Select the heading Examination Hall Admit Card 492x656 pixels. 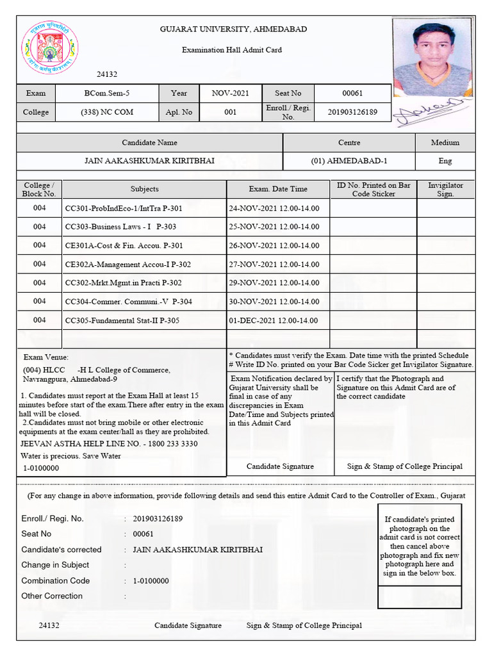[x=232, y=49]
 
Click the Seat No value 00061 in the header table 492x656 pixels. [x=352, y=94]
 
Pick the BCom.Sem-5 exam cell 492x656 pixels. [x=107, y=94]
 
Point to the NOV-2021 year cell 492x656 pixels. [x=231, y=94]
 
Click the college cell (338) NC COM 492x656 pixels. [x=107, y=112]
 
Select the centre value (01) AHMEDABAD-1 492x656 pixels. [x=349, y=161]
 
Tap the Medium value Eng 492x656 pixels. [x=445, y=161]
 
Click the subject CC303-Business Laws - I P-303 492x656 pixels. [x=121, y=227]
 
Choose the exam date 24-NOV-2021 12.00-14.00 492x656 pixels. [x=274, y=208]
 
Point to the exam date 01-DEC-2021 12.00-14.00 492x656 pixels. [x=274, y=320]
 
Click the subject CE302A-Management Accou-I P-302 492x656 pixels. [x=128, y=264]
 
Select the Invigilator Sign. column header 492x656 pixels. [x=445, y=189]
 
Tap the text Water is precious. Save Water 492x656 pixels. [x=70, y=456]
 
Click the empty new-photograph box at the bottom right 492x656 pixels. [x=417, y=596]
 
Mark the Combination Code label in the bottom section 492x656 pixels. [x=56, y=580]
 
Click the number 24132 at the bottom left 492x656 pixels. [x=49, y=625]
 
